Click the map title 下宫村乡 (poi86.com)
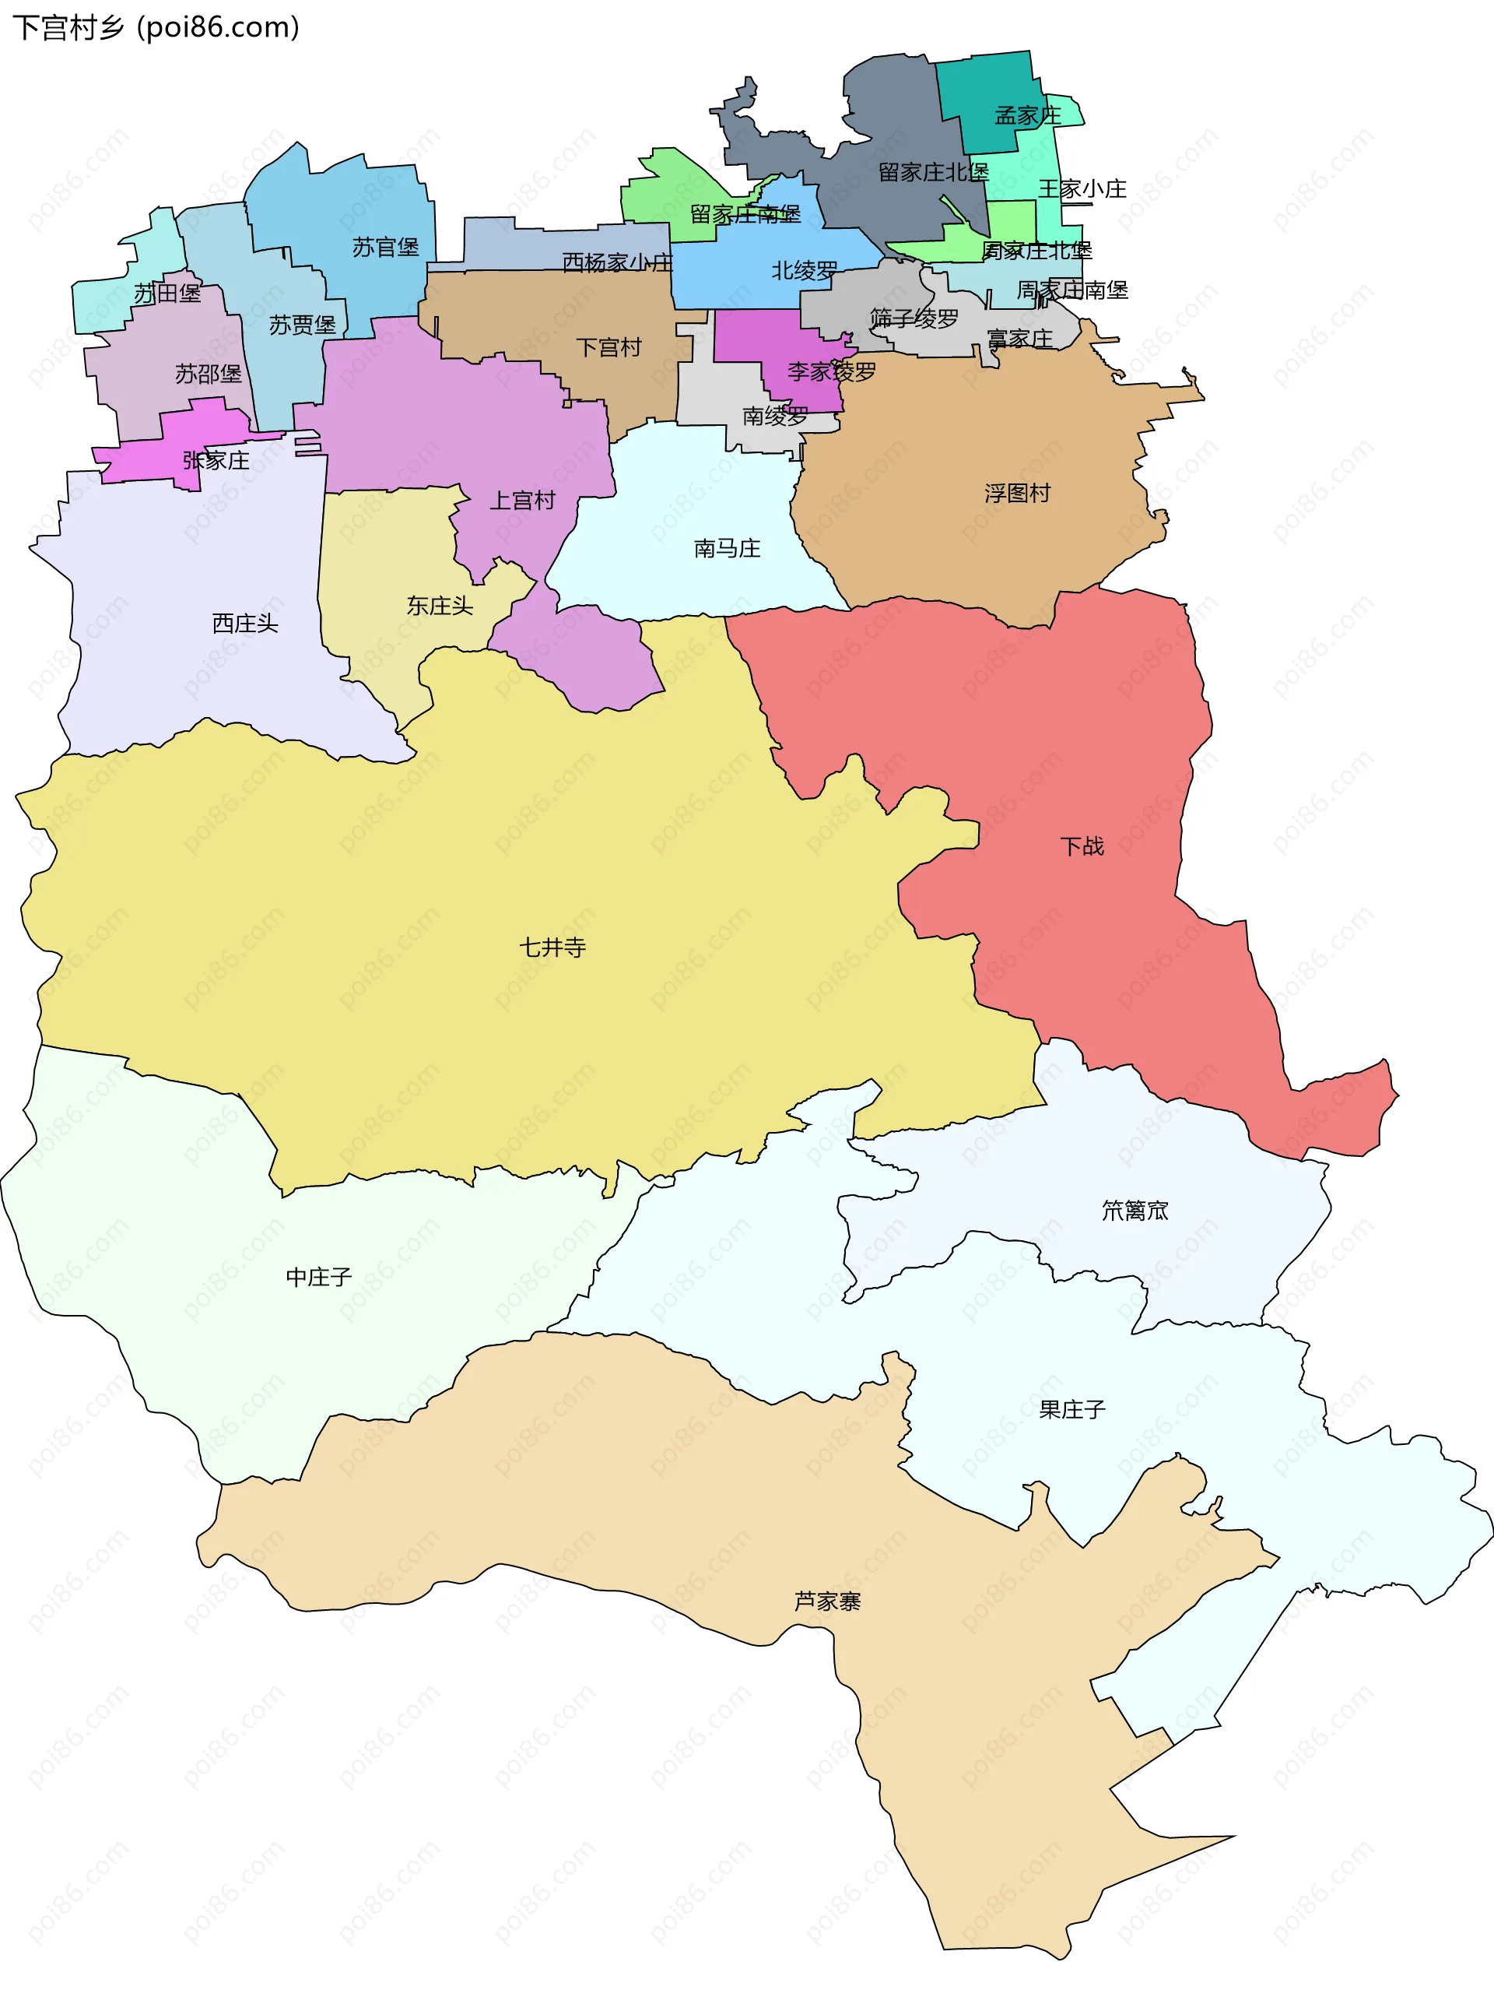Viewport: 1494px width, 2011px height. pyautogui.click(x=156, y=27)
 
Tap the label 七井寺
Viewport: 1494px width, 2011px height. pyautogui.click(x=552, y=947)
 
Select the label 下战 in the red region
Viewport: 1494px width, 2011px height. pyautogui.click(x=1082, y=846)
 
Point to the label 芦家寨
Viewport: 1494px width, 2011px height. pyautogui.click(x=826, y=1601)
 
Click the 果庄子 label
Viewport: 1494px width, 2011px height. pyautogui.click(x=1071, y=1409)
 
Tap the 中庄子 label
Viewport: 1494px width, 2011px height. pyautogui.click(x=318, y=1277)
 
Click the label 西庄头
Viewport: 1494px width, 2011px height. pyautogui.click(x=244, y=624)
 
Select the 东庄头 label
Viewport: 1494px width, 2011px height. pyautogui.click(x=440, y=605)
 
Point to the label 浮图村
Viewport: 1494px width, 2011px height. pyautogui.click(x=1018, y=493)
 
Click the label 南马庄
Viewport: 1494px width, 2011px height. pyautogui.click(x=727, y=548)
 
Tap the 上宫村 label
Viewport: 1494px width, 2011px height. pyautogui.click(x=522, y=501)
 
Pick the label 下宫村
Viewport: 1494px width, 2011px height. pyautogui.click(x=608, y=347)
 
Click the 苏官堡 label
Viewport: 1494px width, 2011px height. pyautogui.click(x=385, y=247)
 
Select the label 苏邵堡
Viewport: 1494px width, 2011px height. pyautogui.click(x=208, y=374)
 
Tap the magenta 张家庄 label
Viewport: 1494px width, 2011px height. pyautogui.click(x=216, y=460)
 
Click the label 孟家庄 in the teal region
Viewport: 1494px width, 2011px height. pyautogui.click(x=1027, y=116)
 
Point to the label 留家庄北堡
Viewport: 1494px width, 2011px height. pyautogui.click(x=933, y=172)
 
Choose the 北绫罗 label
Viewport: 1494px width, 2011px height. pyautogui.click(x=804, y=270)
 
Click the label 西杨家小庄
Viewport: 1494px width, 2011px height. pyautogui.click(x=618, y=262)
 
